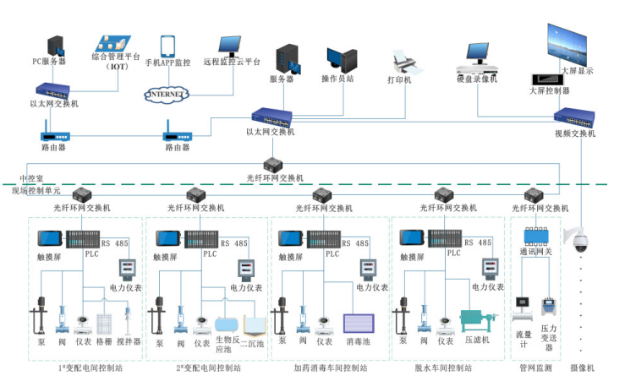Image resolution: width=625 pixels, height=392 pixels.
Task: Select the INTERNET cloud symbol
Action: pyautogui.click(x=166, y=93)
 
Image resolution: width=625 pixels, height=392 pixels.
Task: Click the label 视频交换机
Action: pyautogui.click(x=575, y=133)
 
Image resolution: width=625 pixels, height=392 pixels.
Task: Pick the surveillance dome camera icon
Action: pyautogui.click(x=580, y=242)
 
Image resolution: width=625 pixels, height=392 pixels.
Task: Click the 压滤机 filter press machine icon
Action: pyautogui.click(x=478, y=323)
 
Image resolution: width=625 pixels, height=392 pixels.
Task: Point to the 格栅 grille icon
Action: pyautogui.click(x=104, y=324)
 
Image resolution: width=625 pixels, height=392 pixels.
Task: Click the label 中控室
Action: pyautogui.click(x=32, y=178)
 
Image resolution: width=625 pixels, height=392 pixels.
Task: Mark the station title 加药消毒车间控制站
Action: pyautogui.click(x=329, y=368)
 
